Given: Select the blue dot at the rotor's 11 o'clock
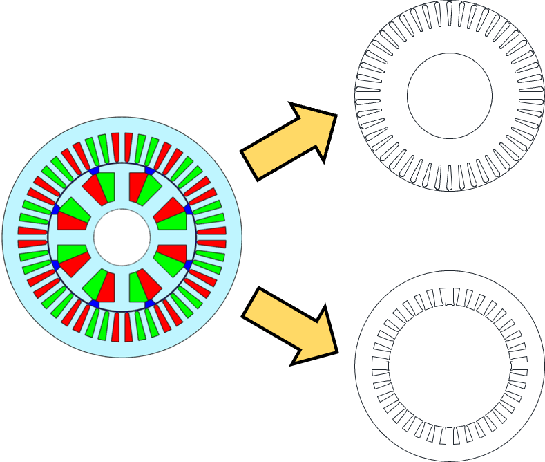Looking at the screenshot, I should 95,170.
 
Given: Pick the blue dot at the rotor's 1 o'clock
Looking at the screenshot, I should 149,170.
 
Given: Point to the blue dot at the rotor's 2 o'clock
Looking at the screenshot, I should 188,208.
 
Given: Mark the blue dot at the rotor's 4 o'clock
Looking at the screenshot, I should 188,264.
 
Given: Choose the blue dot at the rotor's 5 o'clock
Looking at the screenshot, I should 149,304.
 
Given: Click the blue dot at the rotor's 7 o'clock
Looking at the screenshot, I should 95,304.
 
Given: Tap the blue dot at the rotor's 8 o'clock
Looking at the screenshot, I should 55,265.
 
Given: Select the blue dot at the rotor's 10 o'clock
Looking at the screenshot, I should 55,209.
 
